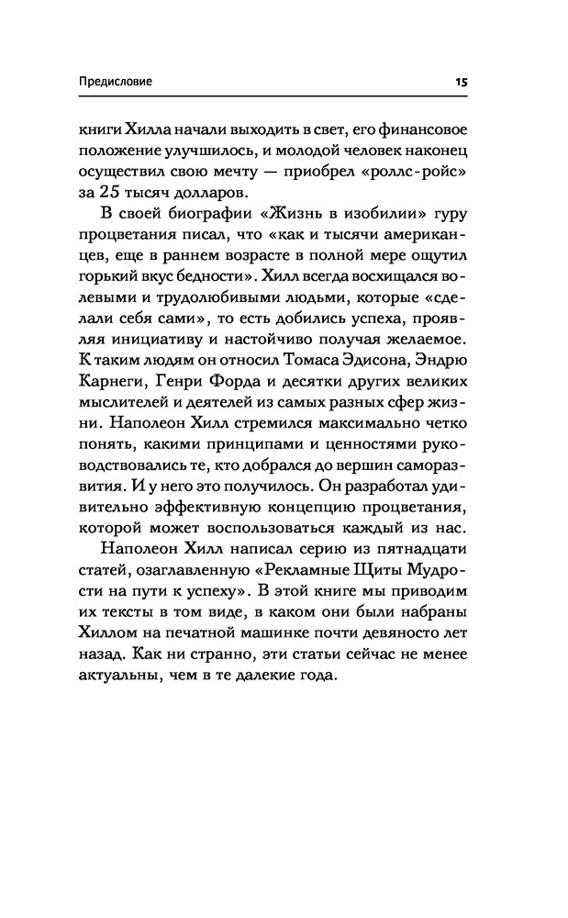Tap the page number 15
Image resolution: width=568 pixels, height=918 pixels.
[x=462, y=82]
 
